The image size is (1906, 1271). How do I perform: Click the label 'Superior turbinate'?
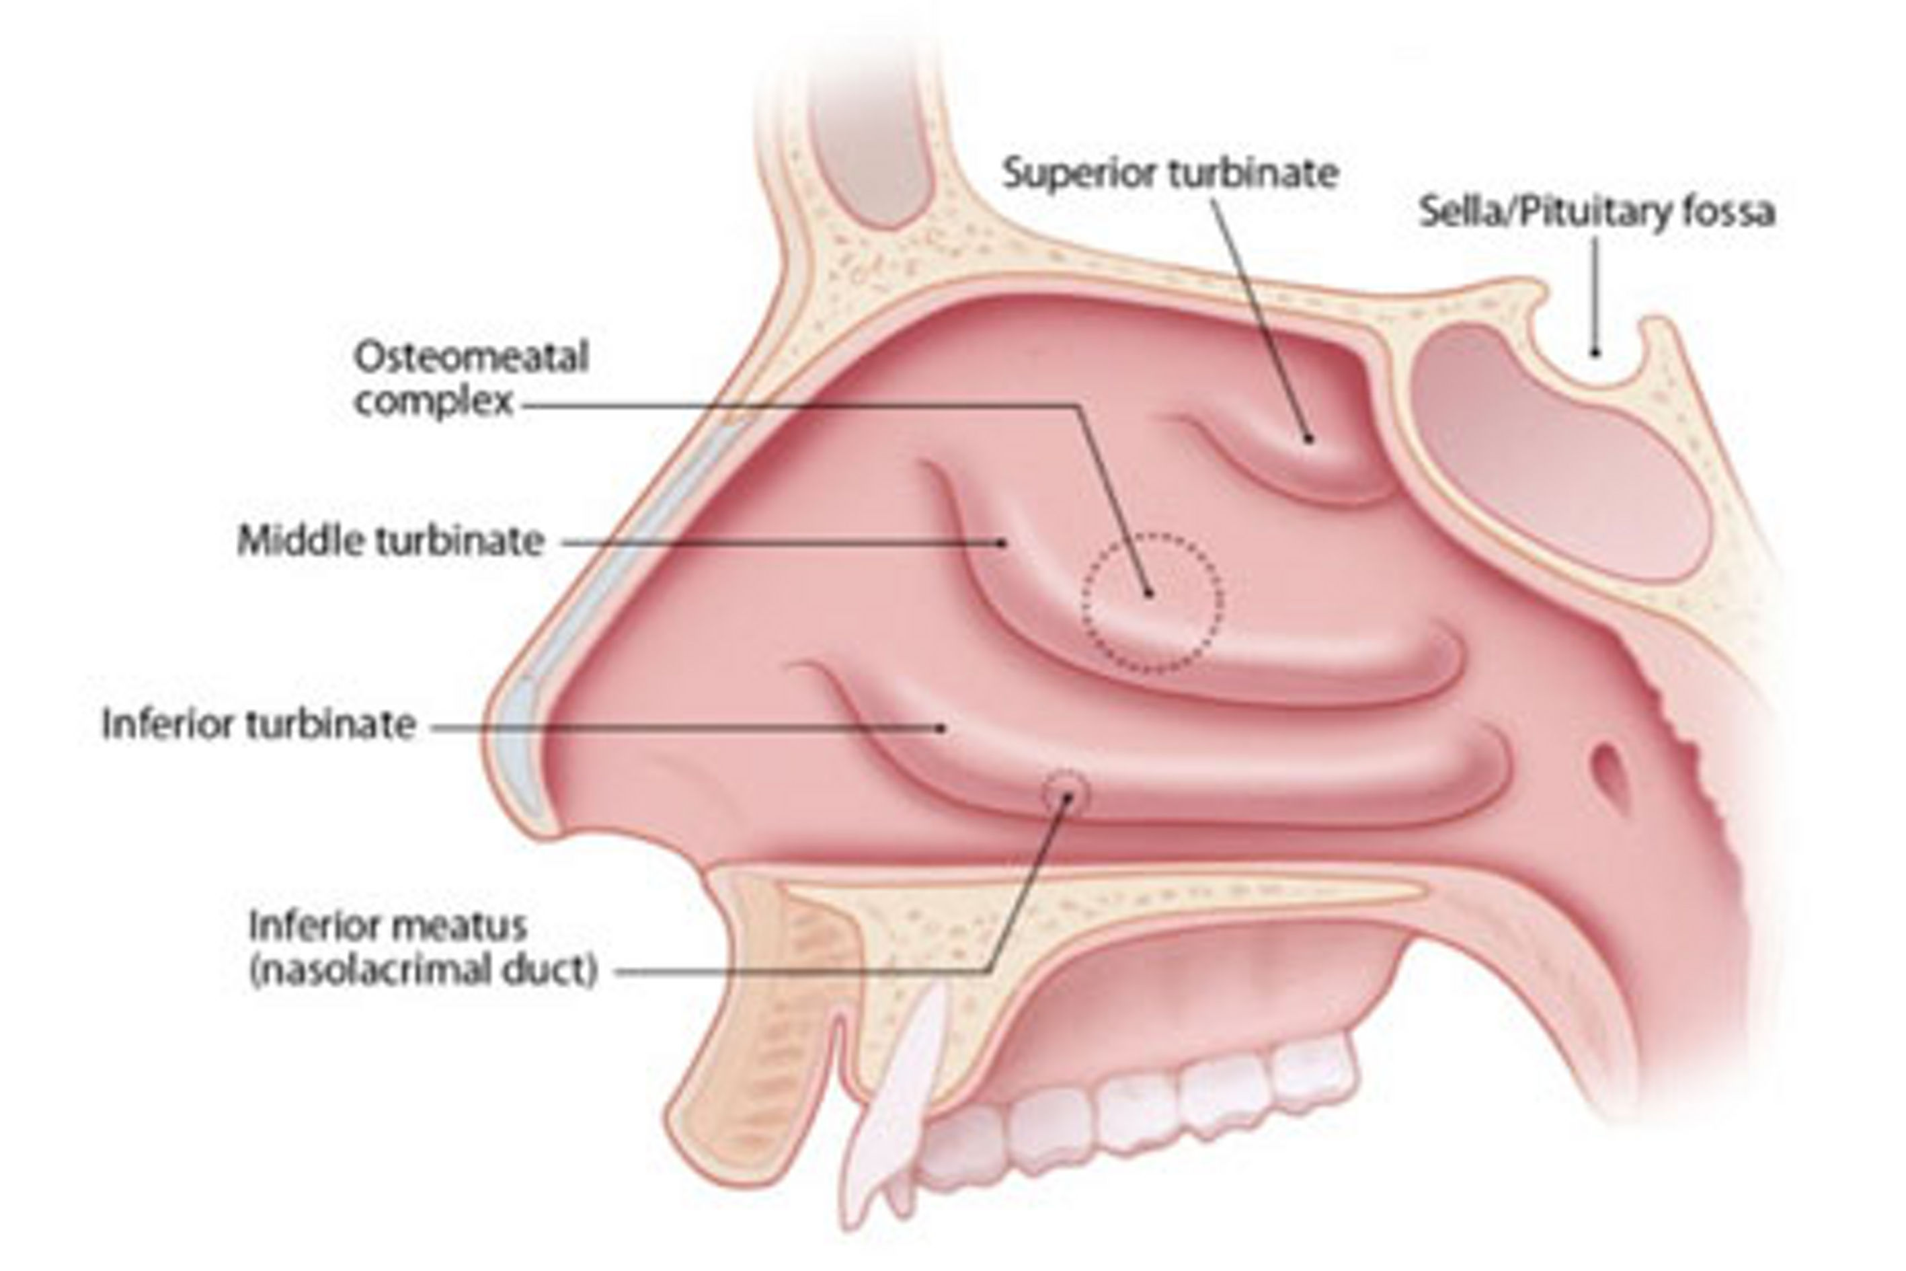(1170, 174)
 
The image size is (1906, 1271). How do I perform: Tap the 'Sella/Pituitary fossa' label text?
(1597, 213)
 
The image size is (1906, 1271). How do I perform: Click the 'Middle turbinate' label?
(391, 541)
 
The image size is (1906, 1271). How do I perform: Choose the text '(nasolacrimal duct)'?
(423, 970)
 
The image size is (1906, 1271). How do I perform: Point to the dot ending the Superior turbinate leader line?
(1307, 438)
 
